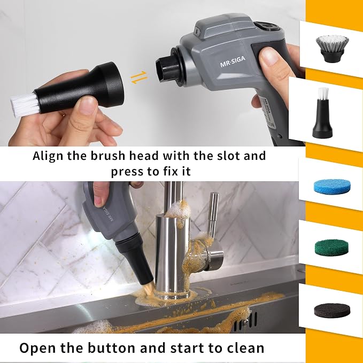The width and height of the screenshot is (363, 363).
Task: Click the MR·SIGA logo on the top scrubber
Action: (233, 62)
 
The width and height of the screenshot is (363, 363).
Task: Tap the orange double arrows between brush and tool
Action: (138, 78)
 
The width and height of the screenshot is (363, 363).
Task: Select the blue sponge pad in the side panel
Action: (332, 185)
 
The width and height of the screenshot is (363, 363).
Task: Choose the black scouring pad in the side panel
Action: (332, 310)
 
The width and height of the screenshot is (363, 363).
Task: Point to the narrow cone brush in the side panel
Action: (322, 113)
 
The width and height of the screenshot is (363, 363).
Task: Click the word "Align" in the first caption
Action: (48, 156)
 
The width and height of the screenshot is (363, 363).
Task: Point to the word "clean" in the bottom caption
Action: (245, 347)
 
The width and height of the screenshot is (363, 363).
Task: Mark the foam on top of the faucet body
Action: (178, 211)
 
